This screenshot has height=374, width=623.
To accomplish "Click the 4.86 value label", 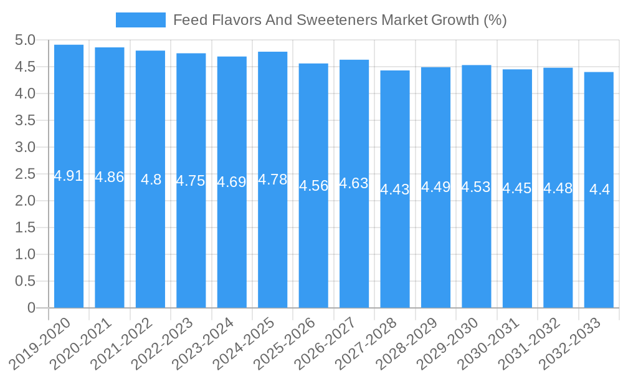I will (x=110, y=177).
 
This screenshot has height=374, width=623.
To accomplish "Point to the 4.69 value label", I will (x=232, y=183).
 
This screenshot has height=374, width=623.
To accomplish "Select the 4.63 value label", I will (x=354, y=184).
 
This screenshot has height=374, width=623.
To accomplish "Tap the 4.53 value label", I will (x=476, y=187).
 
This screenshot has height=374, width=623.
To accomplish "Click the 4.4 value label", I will (x=599, y=190).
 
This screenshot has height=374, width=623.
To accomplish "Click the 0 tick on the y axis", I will (x=31, y=308).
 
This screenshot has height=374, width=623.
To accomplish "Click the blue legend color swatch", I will (x=141, y=20).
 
